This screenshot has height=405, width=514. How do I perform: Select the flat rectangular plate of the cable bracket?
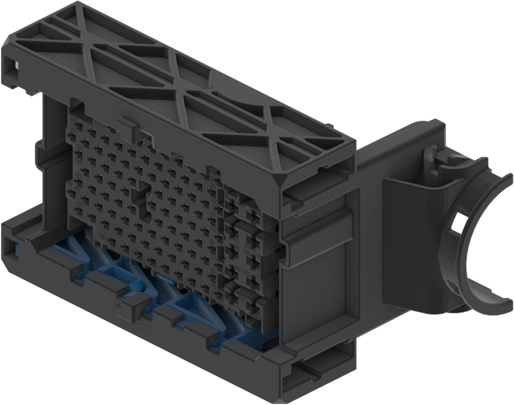click(x=405, y=243)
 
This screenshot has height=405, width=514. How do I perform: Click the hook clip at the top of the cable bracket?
click(x=430, y=152)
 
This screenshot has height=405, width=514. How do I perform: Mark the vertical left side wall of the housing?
click(x=51, y=152)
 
